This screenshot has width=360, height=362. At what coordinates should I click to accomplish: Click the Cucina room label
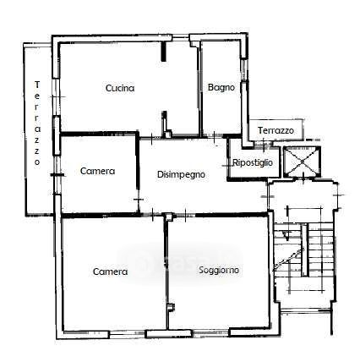[x=120, y=88]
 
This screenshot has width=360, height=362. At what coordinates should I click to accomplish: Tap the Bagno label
[x=221, y=87]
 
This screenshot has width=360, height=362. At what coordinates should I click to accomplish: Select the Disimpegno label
[x=181, y=174]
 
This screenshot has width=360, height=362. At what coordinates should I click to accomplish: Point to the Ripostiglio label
[x=253, y=162]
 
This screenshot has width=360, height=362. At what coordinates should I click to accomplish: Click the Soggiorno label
[x=219, y=270]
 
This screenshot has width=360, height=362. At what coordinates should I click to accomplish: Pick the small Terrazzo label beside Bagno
[x=275, y=130]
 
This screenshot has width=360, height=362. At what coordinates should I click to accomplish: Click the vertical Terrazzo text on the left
[x=37, y=123]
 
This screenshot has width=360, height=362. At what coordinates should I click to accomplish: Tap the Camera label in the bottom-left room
[x=110, y=271]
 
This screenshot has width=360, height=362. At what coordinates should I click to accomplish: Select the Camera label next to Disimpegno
[x=97, y=171]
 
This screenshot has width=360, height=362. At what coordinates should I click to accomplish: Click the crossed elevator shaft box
[x=302, y=162]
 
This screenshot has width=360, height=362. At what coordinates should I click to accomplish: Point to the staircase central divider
[x=304, y=250]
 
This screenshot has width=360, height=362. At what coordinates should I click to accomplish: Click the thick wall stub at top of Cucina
[x=164, y=52]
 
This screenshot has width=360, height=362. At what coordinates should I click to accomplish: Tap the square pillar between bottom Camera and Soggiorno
[x=168, y=217]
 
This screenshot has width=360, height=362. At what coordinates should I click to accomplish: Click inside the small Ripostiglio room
[x=254, y=158]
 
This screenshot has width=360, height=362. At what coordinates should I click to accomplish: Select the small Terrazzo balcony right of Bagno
[x=276, y=130]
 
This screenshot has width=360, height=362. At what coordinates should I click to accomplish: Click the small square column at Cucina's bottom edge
[x=168, y=134]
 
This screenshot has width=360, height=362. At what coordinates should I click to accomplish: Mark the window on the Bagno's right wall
[x=244, y=70]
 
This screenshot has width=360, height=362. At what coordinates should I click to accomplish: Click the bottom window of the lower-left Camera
[x=128, y=335]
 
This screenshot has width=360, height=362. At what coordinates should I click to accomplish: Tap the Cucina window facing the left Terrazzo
[x=57, y=97]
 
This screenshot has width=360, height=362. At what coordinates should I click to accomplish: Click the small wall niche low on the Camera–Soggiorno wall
[x=171, y=306]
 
